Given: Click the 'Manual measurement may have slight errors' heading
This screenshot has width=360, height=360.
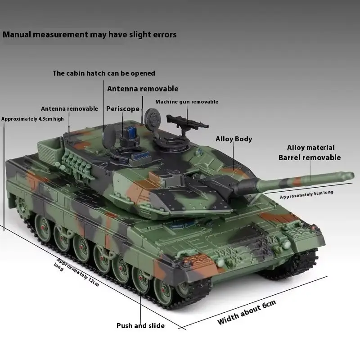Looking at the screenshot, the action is (x=90, y=35).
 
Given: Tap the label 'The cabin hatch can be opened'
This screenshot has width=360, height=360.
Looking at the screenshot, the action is (x=104, y=73).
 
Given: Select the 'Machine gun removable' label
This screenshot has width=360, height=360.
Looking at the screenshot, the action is (x=187, y=102).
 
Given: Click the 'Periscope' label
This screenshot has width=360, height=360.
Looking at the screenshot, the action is (x=122, y=109).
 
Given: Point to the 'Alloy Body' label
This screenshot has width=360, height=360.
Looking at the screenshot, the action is (x=234, y=139).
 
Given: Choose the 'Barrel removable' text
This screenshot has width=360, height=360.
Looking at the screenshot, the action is (x=310, y=158).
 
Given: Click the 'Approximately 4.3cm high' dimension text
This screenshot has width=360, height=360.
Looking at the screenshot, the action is (x=32, y=119).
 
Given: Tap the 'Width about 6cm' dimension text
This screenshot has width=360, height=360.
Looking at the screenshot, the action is (x=247, y=312).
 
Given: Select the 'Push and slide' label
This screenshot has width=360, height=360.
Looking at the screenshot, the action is (x=140, y=326).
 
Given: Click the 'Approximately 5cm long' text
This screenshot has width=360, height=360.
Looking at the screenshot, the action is (x=306, y=194).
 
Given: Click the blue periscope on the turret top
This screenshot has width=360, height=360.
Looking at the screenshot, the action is (x=132, y=132).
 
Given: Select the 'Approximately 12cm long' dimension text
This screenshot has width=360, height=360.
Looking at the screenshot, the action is (x=76, y=272).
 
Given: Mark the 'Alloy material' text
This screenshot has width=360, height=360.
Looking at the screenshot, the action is (x=310, y=148).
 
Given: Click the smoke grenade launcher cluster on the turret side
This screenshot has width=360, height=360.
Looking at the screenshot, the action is (x=75, y=164).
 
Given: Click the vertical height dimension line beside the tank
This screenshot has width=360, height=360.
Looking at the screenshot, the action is (x=4, y=176).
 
